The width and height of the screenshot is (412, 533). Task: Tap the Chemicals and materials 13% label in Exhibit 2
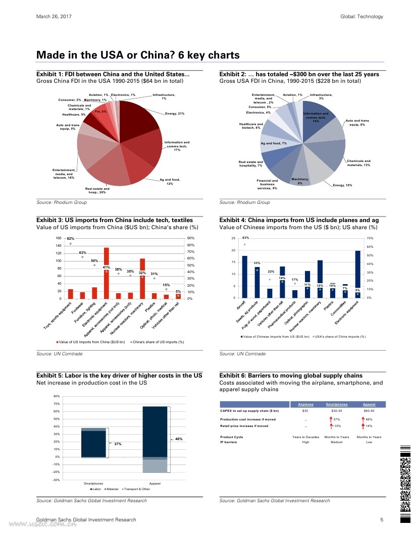[x=358, y=163]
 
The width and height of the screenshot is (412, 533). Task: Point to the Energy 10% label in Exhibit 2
[x=342, y=186]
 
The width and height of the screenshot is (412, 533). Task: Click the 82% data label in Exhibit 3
[x=71, y=239]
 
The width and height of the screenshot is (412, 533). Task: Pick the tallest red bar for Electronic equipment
[x=107, y=273]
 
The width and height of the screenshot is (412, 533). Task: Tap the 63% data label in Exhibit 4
[x=246, y=238]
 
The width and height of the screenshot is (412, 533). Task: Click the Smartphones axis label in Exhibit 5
[x=93, y=484]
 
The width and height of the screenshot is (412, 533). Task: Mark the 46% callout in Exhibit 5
[x=178, y=439]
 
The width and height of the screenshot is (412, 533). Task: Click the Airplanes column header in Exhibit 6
[x=305, y=405]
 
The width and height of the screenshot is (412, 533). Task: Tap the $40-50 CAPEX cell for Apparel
[x=369, y=411]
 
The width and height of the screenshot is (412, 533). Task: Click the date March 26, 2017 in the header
[x=54, y=17]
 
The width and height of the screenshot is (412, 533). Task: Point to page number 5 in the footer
[x=382, y=520]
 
